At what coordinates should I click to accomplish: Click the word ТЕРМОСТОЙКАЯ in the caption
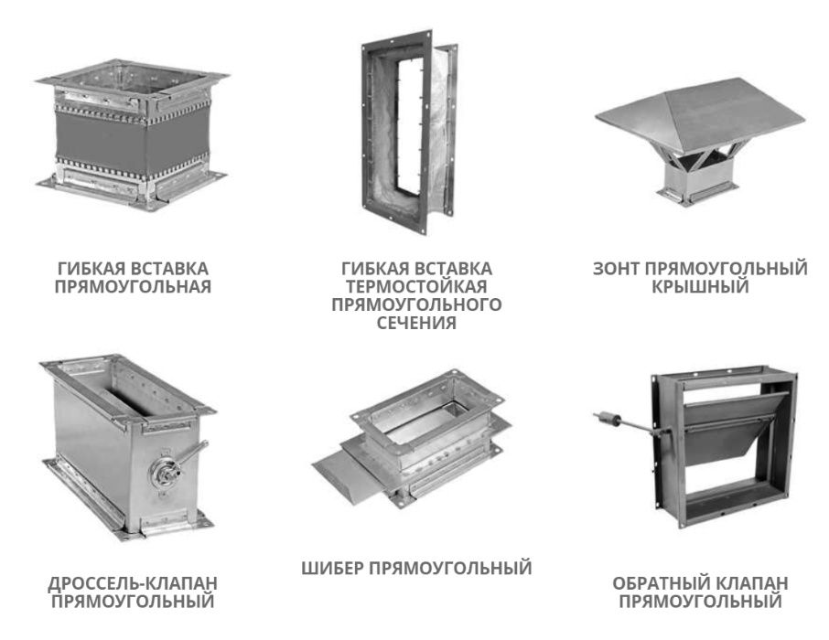[416, 286]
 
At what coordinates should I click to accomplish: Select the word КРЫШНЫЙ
[700, 287]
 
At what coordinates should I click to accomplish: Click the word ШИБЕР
[332, 569]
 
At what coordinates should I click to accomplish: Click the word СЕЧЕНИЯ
[416, 322]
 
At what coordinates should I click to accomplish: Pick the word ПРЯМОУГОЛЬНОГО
[416, 304]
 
